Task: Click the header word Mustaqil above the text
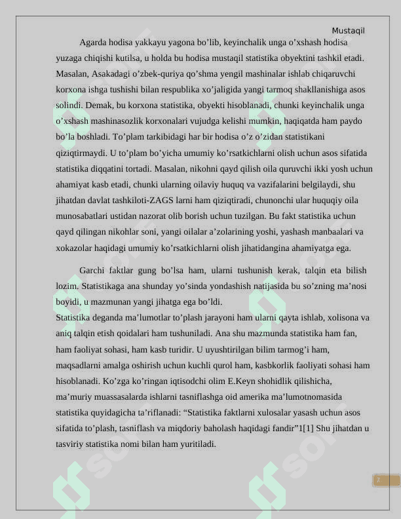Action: point(348,31)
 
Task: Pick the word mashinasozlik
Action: point(115,121)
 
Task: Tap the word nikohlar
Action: point(134,232)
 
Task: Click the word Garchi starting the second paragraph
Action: point(92,271)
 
